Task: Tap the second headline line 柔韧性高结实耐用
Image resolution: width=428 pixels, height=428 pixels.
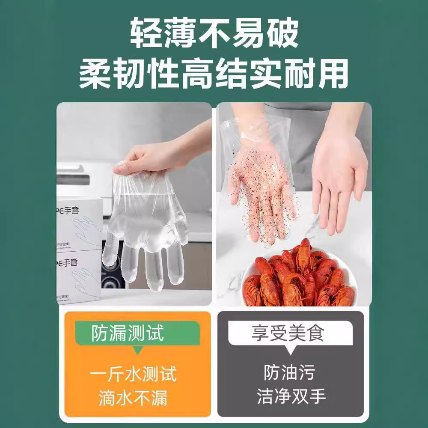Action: (x=214, y=74)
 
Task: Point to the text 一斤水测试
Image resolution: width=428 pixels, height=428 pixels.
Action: (x=133, y=375)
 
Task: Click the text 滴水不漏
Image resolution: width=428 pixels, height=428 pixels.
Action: (x=133, y=398)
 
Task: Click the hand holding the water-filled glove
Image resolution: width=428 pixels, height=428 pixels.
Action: (x=154, y=156)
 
